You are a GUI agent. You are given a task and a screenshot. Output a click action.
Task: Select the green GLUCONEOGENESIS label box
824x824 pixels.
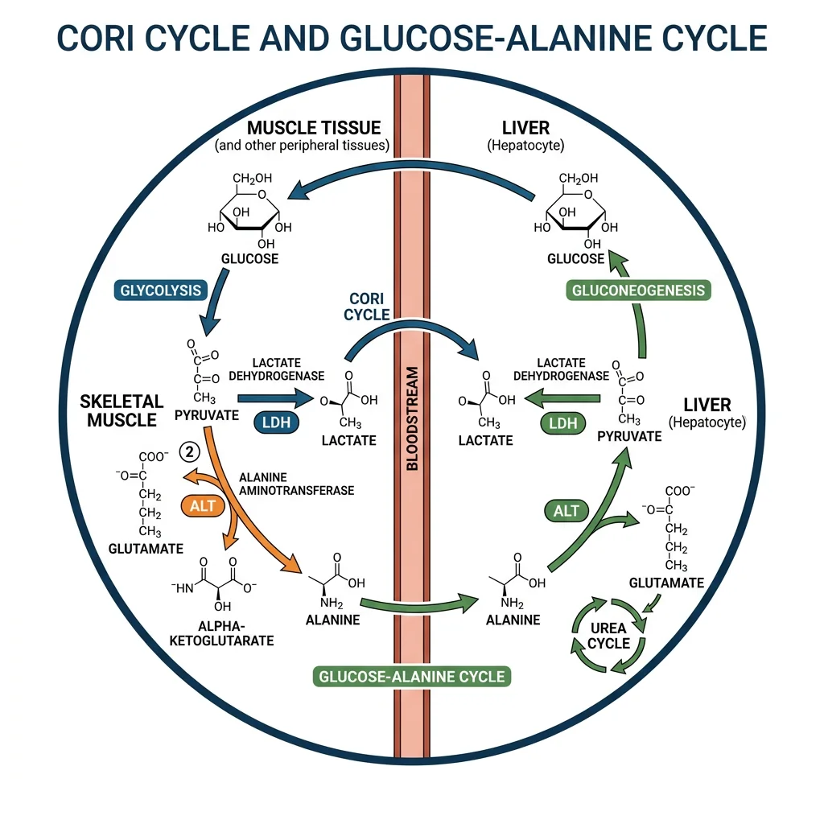tap(638, 290)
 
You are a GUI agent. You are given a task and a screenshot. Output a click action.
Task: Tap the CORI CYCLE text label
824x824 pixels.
tap(366, 307)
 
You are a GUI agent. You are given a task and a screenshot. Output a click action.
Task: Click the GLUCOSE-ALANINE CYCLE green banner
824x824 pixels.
tap(412, 675)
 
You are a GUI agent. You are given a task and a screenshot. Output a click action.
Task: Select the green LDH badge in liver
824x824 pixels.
tap(558, 423)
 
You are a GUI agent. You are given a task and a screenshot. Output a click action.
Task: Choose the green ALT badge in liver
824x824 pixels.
tap(565, 509)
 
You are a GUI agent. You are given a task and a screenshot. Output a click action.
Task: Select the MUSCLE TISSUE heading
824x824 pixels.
tap(314, 128)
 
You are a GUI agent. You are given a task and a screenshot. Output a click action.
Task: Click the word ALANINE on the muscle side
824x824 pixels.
tap(332, 620)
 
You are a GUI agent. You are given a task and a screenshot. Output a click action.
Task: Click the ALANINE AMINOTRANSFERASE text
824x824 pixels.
tap(297, 483)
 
